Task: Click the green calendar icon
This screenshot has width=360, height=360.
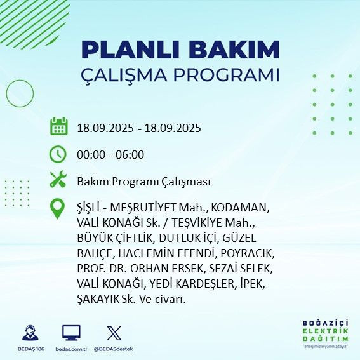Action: click(58, 126)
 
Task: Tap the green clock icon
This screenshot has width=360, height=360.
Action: click(58, 154)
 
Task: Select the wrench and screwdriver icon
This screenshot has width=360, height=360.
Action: click(58, 181)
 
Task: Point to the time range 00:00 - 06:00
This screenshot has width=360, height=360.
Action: click(110, 155)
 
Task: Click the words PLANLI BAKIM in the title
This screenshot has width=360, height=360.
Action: click(180, 50)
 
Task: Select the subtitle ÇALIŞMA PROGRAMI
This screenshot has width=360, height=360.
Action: click(180, 74)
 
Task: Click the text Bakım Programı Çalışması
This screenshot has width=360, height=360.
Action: click(143, 182)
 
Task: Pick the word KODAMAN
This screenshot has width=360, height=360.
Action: click(240, 208)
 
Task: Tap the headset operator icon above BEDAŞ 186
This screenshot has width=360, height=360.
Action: click(29, 333)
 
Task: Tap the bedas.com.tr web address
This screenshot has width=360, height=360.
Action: click(70, 349)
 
